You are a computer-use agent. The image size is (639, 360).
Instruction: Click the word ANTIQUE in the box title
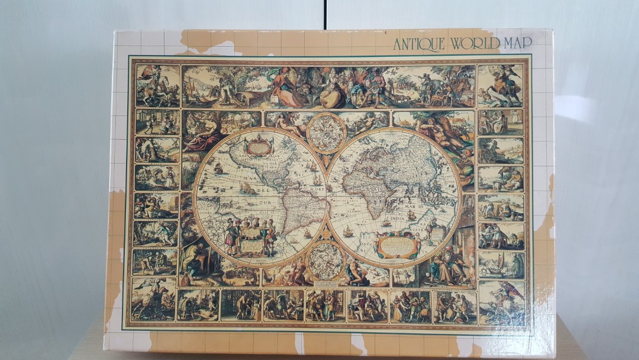[419, 44]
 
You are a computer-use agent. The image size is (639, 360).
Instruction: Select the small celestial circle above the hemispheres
[326, 131]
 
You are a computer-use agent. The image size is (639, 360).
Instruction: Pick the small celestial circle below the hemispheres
[326, 261]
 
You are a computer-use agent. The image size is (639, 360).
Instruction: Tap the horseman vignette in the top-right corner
[500, 85]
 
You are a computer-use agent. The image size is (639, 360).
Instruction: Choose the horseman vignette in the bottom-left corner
[154, 299]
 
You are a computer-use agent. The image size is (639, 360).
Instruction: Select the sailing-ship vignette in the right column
[501, 264]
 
